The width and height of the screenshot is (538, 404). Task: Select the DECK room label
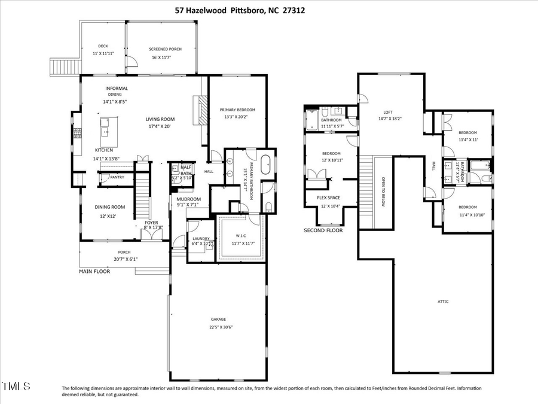point(103,46)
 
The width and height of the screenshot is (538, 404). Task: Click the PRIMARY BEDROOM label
point(237,110)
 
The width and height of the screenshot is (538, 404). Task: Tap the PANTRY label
point(117,177)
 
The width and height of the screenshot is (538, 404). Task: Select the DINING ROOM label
point(109,207)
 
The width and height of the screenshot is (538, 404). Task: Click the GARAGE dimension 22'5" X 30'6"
point(221,327)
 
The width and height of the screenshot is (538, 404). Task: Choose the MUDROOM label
point(188,199)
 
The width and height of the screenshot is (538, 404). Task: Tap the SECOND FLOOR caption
point(323,230)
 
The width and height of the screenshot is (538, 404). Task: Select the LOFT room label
point(388,112)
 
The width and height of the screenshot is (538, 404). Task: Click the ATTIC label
point(442,301)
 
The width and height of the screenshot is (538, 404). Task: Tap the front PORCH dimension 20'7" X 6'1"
point(124,259)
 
